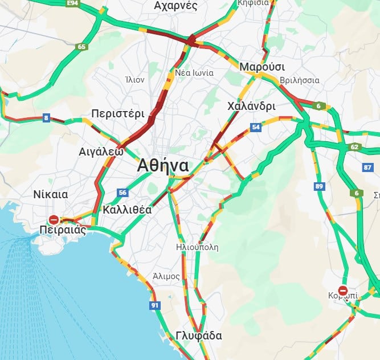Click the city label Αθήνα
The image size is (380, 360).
pyautogui.click(x=162, y=165)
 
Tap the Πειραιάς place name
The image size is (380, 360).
pyautogui.click(x=63, y=230)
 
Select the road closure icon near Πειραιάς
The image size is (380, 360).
pyautogui.click(x=54, y=219)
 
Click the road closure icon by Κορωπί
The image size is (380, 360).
pyautogui.click(x=342, y=291)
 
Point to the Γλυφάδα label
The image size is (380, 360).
pyautogui.click(x=199, y=336)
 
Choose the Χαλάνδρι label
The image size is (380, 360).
pyautogui.click(x=251, y=107)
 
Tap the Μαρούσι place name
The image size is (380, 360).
pyautogui.click(x=258, y=67)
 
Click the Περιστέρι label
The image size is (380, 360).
pyautogui.click(x=118, y=113)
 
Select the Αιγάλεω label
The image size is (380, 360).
pyautogui.click(x=101, y=152)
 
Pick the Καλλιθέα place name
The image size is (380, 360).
pyautogui.click(x=128, y=210)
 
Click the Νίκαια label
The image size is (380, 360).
pyautogui.click(x=50, y=194)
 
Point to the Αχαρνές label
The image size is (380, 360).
pyautogui.click(x=175, y=6)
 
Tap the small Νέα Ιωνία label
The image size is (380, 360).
pyautogui.click(x=194, y=73)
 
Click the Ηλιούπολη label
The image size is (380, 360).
pyautogui.click(x=197, y=247)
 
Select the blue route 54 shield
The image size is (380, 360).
pyautogui.click(x=256, y=127)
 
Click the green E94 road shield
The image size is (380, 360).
pyautogui.click(x=72, y=3)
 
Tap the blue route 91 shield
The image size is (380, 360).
pyautogui.click(x=154, y=306)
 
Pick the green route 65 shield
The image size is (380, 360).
pyautogui.click(x=82, y=47)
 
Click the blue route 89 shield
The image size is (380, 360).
pyautogui.click(x=319, y=186)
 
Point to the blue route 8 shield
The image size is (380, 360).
pyautogui.click(x=46, y=118)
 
